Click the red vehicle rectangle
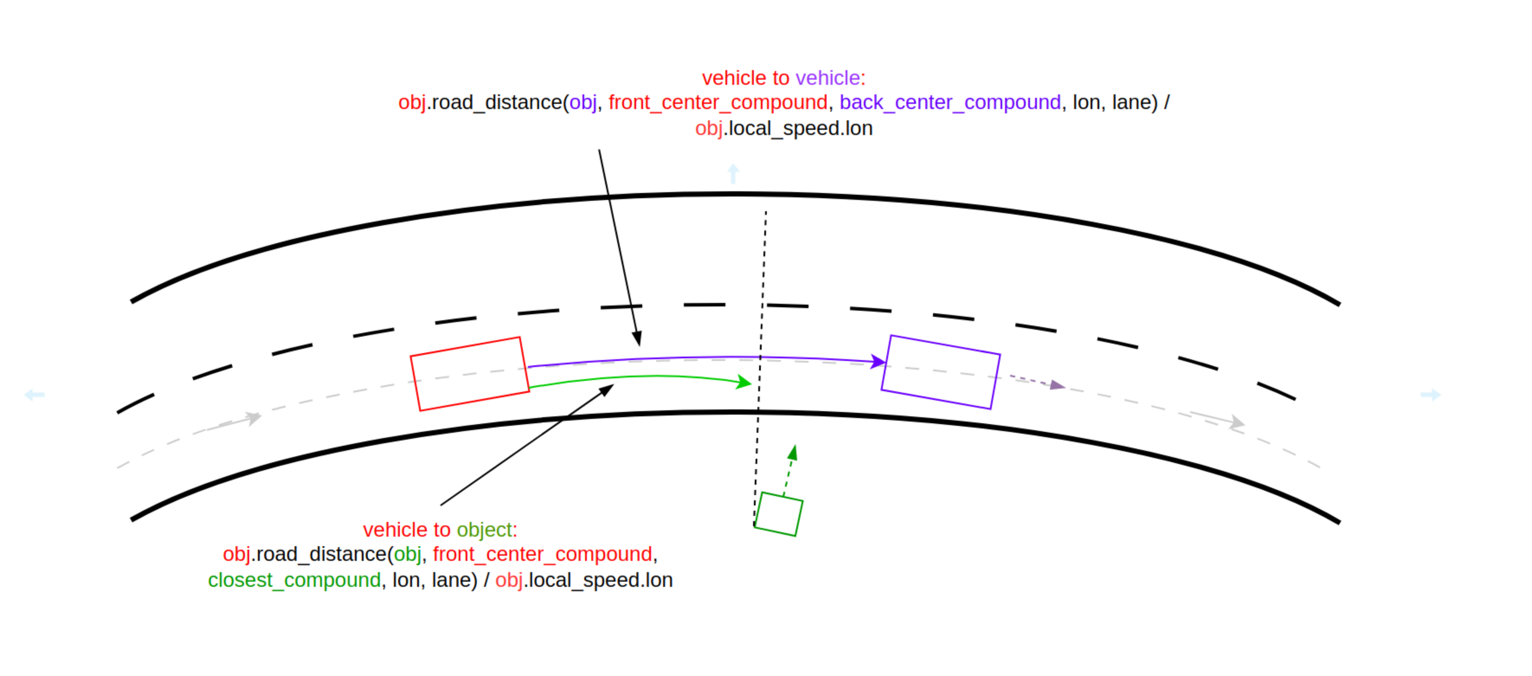point(470,374)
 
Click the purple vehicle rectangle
point(940,372)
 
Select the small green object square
point(778,514)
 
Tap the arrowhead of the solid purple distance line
point(879,361)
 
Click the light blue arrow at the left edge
point(34,395)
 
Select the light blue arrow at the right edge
point(1430,395)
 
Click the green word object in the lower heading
point(484,530)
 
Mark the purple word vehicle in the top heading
point(827,78)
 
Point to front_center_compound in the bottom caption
point(542,554)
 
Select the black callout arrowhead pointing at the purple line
point(637,339)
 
